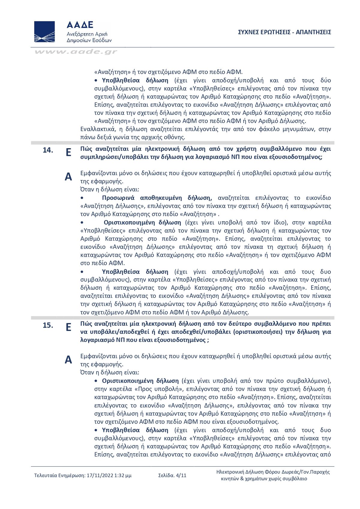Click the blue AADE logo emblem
pos(44,31)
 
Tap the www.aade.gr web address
pos(76,52)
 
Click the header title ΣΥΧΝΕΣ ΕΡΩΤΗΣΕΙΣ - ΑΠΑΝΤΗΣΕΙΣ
pos(284,32)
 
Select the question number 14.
pos(48,150)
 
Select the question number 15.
pos(48,325)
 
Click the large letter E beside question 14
pos(68,152)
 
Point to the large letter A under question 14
pos(68,177)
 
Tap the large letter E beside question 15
pos(68,327)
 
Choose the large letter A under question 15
pos(68,360)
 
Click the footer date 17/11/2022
pos(100,475)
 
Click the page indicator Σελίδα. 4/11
pos(172,475)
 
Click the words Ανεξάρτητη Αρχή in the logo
pos(87,34)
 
